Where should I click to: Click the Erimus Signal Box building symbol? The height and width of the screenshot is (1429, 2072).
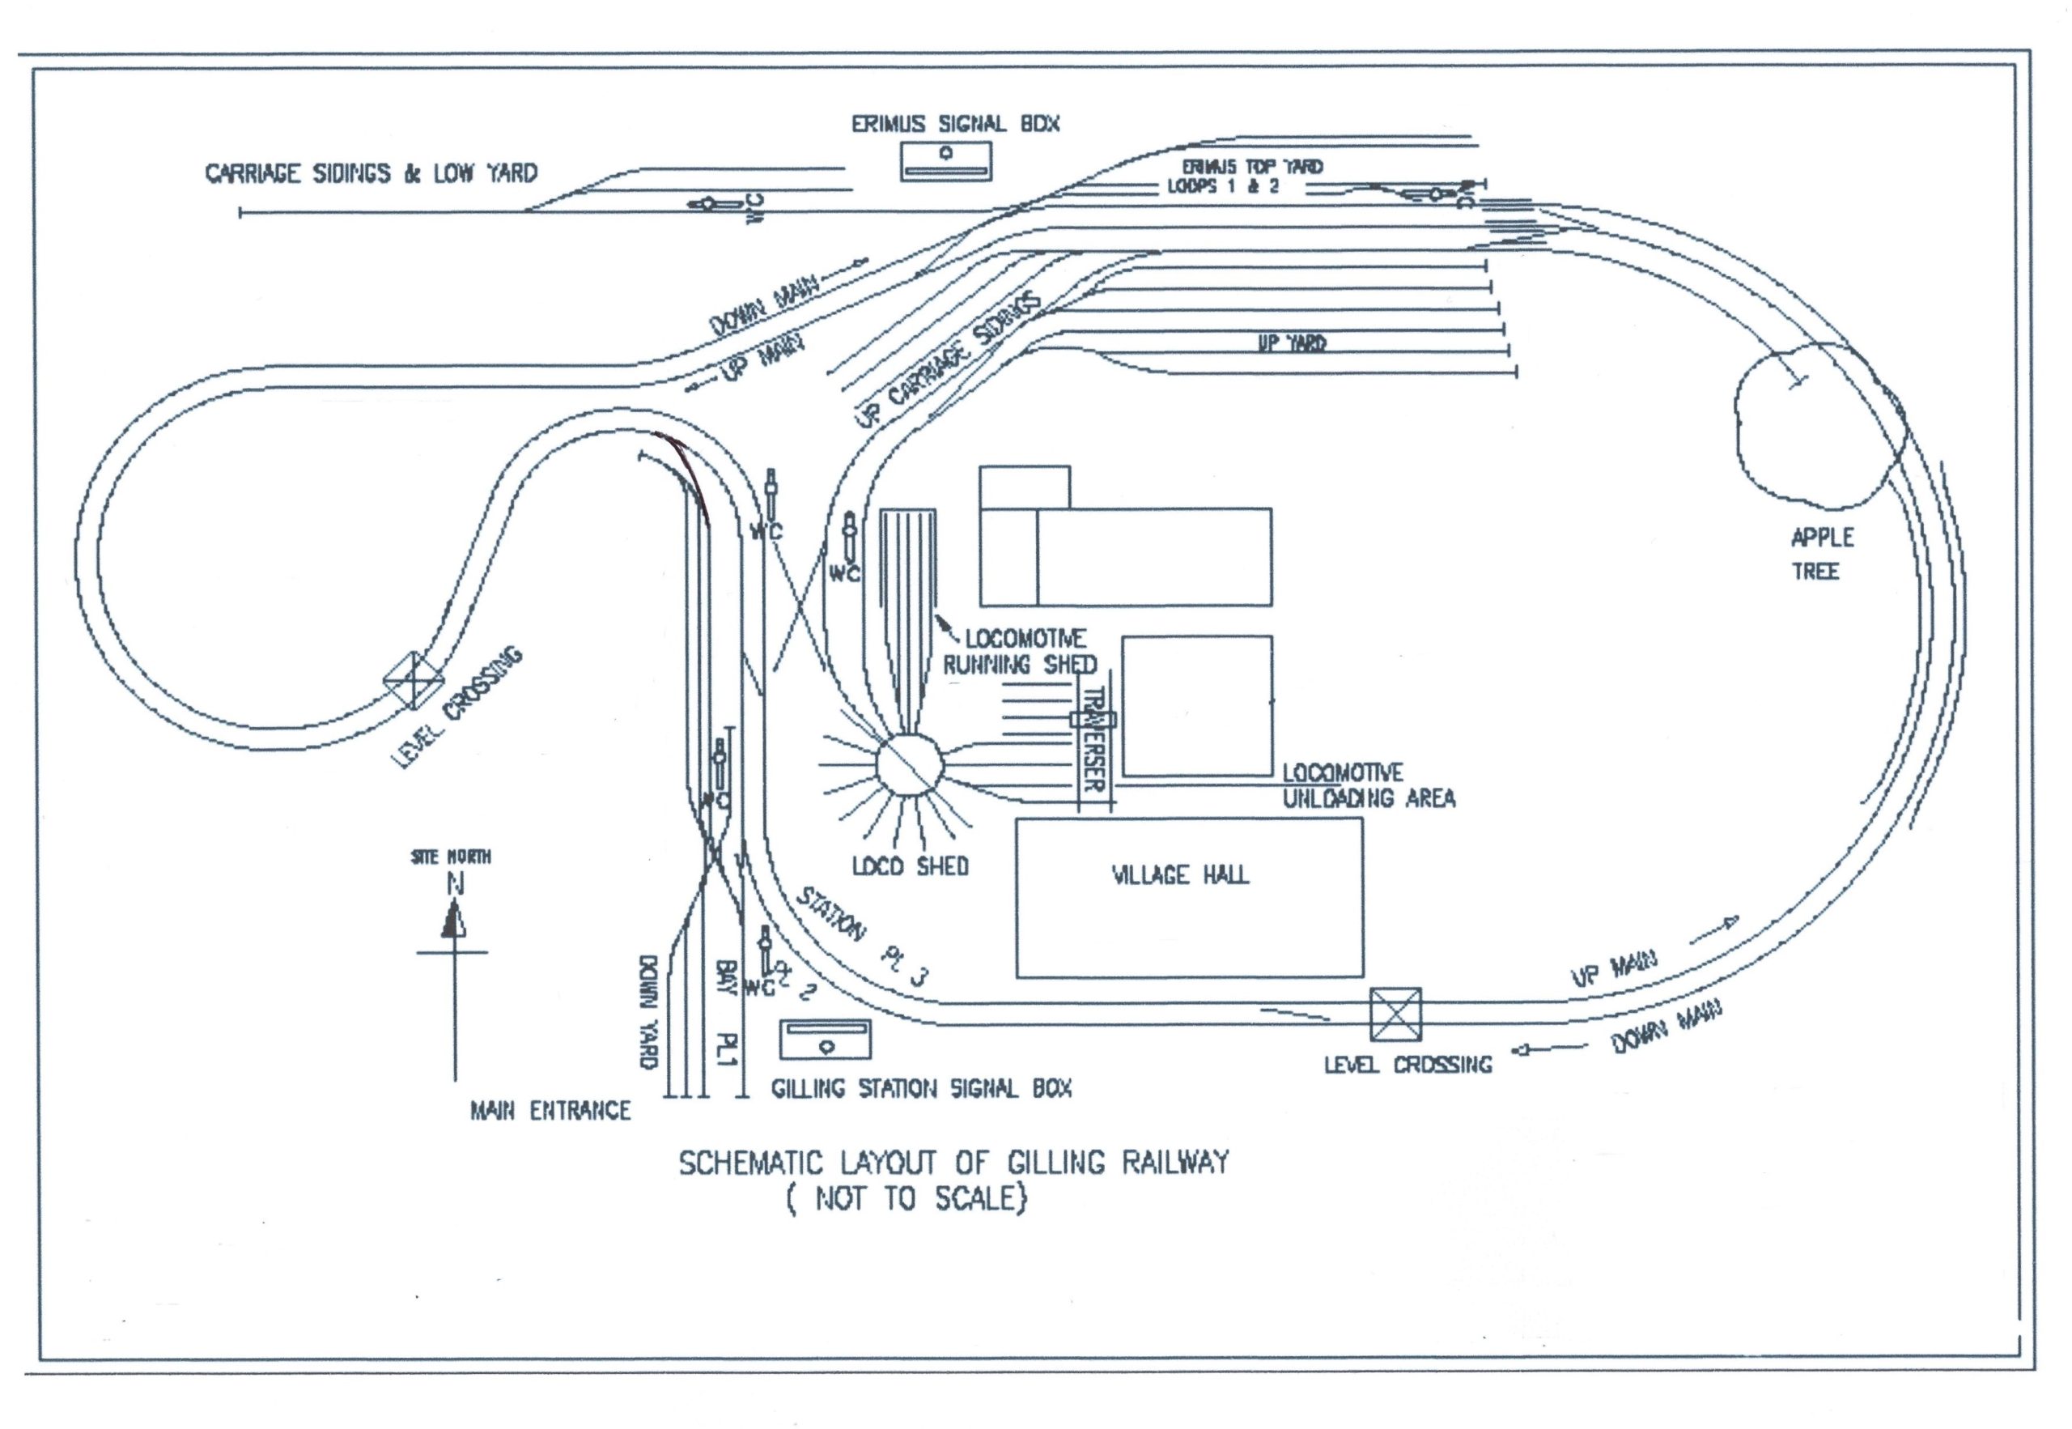point(945,161)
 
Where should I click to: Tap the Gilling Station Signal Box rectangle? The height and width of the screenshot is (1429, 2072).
point(824,1040)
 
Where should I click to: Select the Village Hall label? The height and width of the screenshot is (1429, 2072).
point(1179,874)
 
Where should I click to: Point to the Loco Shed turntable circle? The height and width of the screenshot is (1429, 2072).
point(910,764)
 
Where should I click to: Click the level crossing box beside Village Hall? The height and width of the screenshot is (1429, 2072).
point(1395,1014)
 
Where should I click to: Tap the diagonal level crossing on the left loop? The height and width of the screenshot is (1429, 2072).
point(414,680)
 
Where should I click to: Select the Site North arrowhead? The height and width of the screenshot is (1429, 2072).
point(454,921)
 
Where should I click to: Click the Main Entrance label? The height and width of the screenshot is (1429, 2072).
point(550,1111)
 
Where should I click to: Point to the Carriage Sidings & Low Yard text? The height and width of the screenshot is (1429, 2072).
point(372,172)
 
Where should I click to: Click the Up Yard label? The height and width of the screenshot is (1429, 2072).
point(1293,343)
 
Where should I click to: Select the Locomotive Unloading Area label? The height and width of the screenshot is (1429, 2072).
point(1369,785)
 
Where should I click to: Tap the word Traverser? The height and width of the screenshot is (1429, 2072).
point(1093,739)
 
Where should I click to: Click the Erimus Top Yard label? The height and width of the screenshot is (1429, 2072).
point(1252,167)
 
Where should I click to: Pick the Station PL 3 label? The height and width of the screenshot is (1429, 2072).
point(864,937)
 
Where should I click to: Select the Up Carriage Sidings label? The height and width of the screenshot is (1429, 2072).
point(949,360)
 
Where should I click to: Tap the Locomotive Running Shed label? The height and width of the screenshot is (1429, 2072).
point(1021,652)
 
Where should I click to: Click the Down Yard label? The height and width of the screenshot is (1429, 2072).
point(649,1013)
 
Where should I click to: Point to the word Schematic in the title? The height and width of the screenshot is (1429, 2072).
point(750,1163)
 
